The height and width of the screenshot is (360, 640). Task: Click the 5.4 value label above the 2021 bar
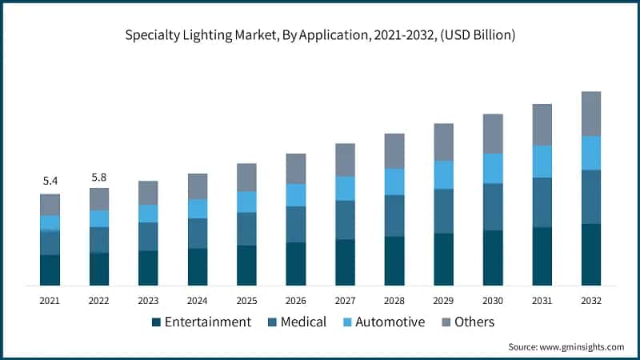50,182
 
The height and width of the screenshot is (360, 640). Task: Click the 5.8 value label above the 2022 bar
99,176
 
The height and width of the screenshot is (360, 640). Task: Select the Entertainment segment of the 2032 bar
591,254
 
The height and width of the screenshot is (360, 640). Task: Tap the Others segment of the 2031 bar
542,125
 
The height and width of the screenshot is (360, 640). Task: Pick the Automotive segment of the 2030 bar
493,168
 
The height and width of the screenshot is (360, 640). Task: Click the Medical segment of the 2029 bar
443,211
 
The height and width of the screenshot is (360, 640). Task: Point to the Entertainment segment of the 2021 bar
50,270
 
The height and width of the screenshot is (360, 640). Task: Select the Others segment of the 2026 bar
296,169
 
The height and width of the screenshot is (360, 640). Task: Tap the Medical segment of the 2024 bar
198,233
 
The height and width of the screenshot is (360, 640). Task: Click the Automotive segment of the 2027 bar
345,188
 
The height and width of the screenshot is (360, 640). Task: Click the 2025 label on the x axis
246,301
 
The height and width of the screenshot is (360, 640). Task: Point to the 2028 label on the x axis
394,301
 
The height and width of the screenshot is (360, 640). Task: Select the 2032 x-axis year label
591,301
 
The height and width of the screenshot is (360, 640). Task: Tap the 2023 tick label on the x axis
148,301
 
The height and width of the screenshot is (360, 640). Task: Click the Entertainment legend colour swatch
156,322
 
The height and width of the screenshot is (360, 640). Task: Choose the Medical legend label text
303,322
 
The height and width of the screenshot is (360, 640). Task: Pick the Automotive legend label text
390,322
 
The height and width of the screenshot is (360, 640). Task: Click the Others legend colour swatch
446,322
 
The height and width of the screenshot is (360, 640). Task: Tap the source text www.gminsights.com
583,346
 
